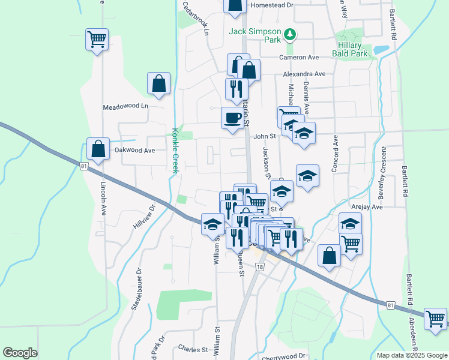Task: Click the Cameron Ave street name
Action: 298,58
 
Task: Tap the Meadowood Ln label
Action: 125,106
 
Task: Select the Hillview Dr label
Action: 144,213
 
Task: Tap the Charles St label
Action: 193,349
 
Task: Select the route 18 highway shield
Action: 259,267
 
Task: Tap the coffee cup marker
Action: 232,117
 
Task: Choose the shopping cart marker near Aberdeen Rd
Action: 435,318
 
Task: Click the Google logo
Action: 20,353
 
